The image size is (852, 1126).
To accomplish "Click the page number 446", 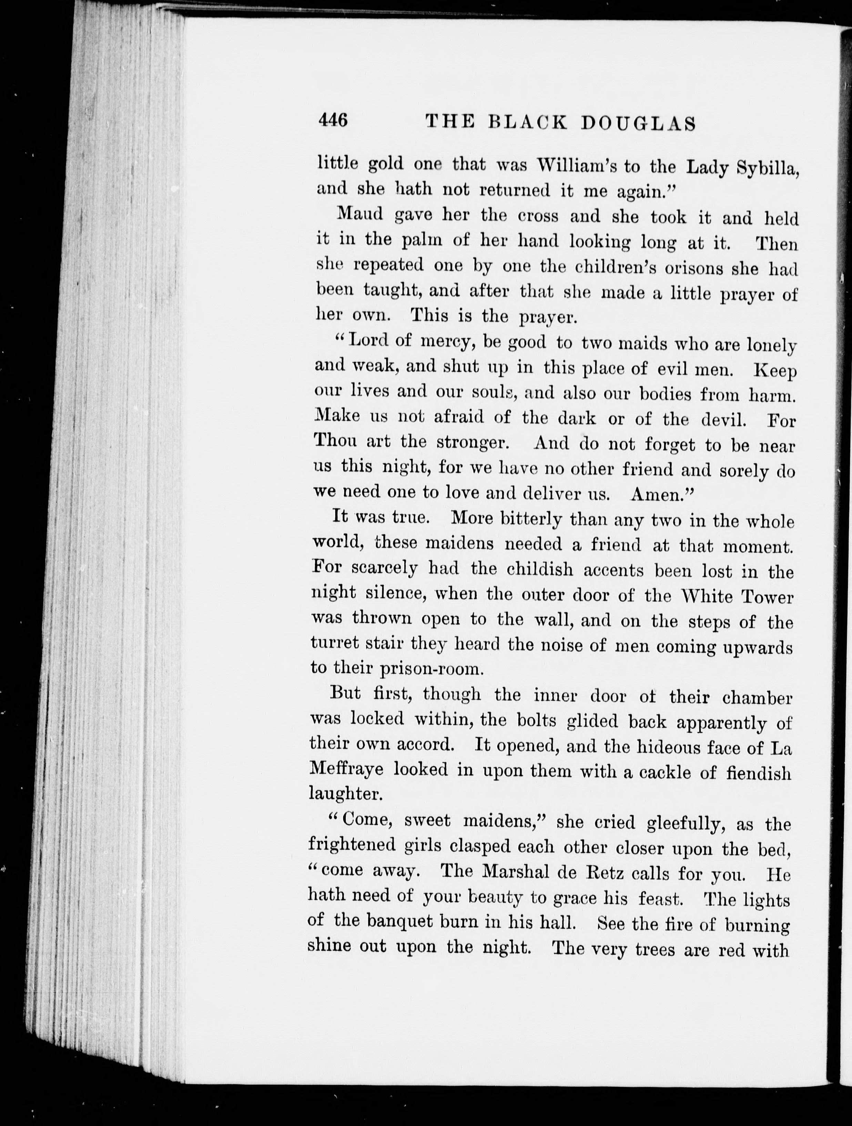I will [x=334, y=121].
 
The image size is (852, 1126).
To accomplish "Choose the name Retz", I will [x=606, y=873].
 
